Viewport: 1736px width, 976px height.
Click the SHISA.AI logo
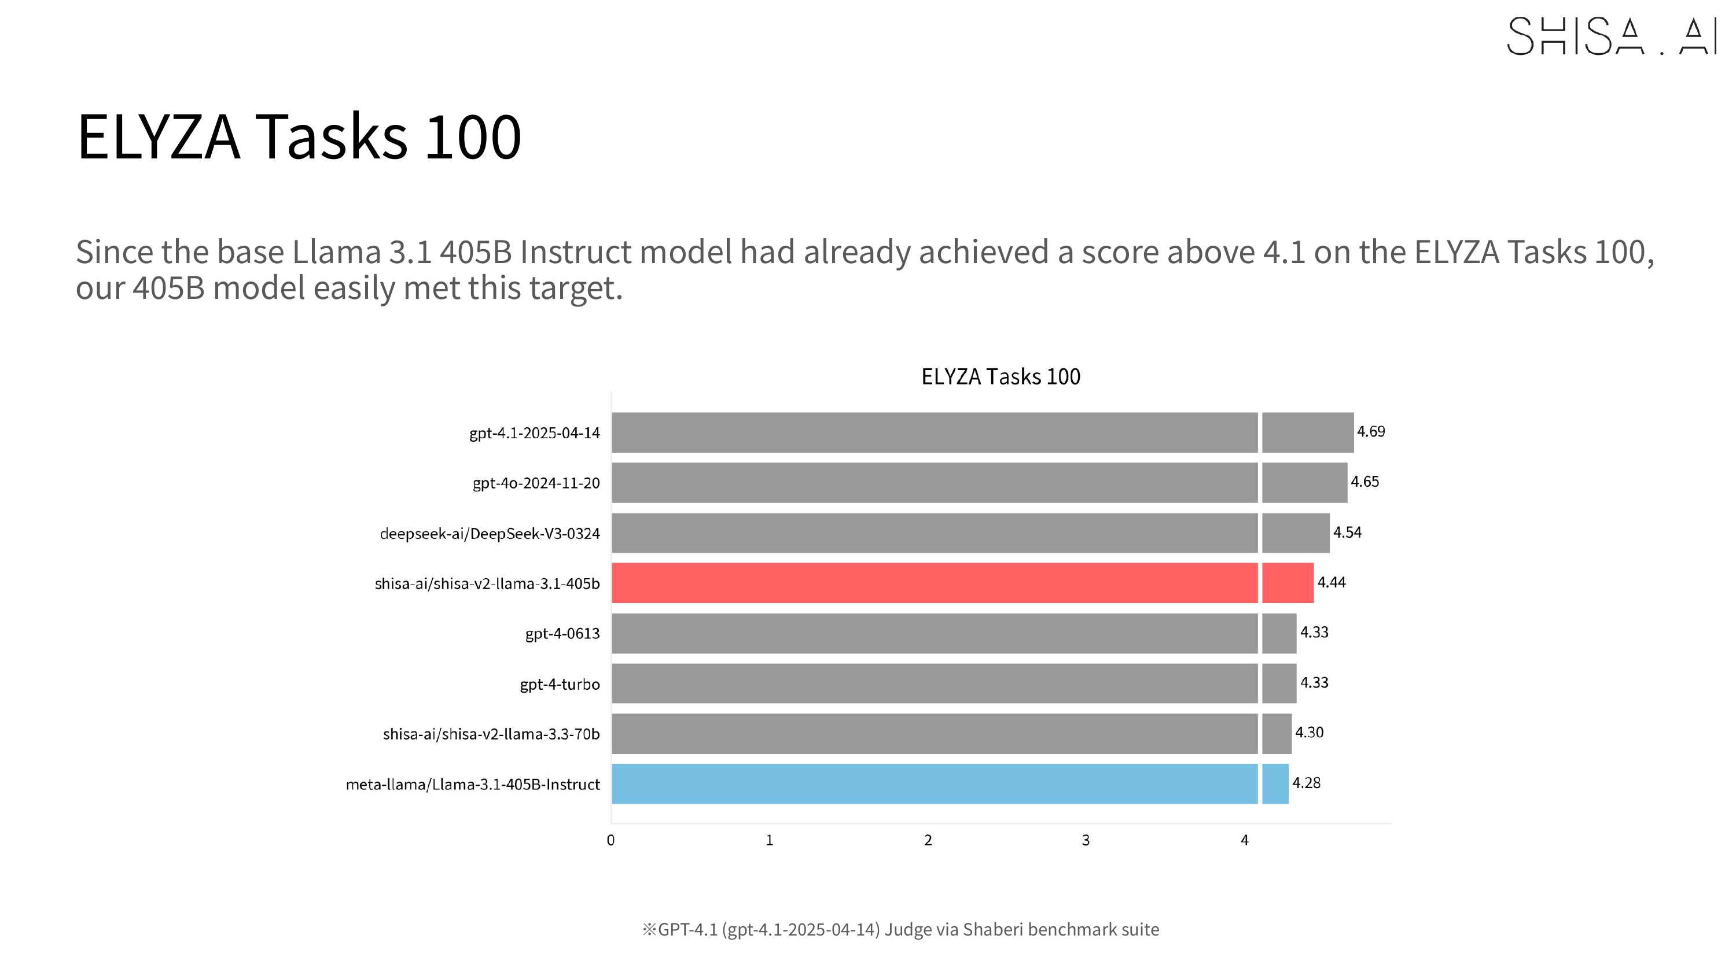coord(1610,36)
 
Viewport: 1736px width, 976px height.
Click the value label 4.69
coord(1371,432)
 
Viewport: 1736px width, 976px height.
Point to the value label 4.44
coord(1331,583)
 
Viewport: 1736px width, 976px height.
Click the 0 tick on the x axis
coord(610,840)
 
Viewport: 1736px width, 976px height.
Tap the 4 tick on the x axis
coord(1245,840)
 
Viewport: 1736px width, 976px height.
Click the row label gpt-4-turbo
coord(560,685)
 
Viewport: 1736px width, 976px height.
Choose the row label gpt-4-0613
coord(562,634)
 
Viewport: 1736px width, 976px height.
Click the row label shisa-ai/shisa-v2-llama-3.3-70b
coord(491,734)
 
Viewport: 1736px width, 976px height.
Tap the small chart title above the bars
coord(1001,376)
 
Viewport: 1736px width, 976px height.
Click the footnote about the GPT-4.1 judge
coord(900,930)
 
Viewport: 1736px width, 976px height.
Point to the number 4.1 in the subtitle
coord(1284,253)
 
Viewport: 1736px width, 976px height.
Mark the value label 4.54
coord(1347,533)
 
